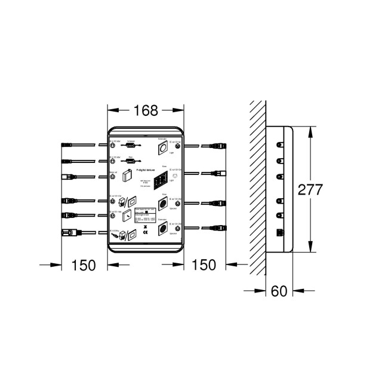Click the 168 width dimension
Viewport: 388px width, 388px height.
(x=146, y=110)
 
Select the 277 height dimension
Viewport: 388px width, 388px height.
(x=310, y=189)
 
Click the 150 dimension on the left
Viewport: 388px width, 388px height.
(x=84, y=265)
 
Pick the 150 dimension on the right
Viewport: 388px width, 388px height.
(x=205, y=265)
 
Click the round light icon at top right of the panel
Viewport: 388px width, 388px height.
(x=162, y=146)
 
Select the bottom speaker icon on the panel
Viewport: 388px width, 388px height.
(x=162, y=229)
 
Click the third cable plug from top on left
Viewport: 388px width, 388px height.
(x=67, y=176)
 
